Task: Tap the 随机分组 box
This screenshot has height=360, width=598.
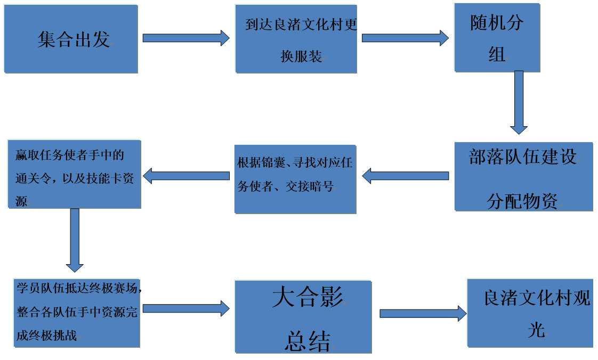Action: [x=497, y=37]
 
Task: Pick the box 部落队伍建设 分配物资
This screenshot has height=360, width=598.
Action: [x=523, y=176]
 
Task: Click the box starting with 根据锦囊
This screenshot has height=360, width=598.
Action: [x=295, y=178]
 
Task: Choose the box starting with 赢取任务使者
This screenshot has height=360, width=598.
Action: [x=74, y=174]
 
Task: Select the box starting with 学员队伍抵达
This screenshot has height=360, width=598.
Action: [x=77, y=313]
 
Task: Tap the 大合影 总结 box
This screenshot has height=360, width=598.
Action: [x=303, y=317]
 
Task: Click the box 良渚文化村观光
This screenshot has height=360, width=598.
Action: [x=530, y=313]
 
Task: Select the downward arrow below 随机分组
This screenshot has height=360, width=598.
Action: [x=519, y=102]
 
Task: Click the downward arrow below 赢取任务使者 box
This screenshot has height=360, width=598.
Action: [x=75, y=240]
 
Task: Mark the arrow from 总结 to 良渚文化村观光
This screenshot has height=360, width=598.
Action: [x=423, y=314]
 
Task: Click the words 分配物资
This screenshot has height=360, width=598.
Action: [x=522, y=201]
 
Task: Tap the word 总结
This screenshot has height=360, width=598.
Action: [x=308, y=340]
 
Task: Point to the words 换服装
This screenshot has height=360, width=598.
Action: [x=302, y=56]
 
